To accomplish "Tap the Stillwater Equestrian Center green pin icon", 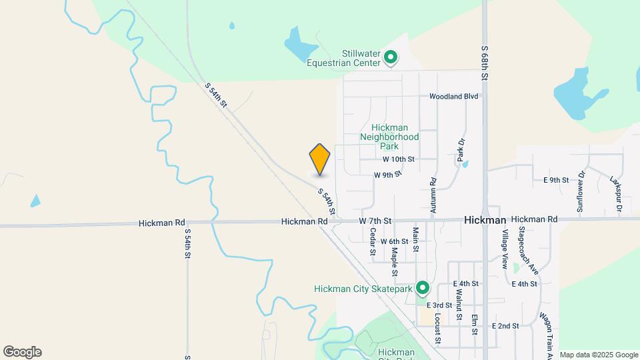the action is (x=391, y=59).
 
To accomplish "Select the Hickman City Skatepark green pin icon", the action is (x=422, y=288).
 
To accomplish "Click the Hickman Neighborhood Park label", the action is (x=389, y=136).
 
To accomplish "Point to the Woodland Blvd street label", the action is (x=454, y=96).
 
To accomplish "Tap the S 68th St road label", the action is (x=485, y=64).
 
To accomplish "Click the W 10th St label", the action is (x=399, y=159).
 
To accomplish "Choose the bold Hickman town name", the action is (x=485, y=219).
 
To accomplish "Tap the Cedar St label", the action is (x=373, y=242).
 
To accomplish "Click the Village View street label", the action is (x=505, y=249).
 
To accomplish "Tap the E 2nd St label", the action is (x=505, y=326).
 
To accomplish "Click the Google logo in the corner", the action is (x=22, y=352).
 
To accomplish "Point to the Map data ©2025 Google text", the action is (x=598, y=355).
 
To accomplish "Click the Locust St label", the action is (x=438, y=327).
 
